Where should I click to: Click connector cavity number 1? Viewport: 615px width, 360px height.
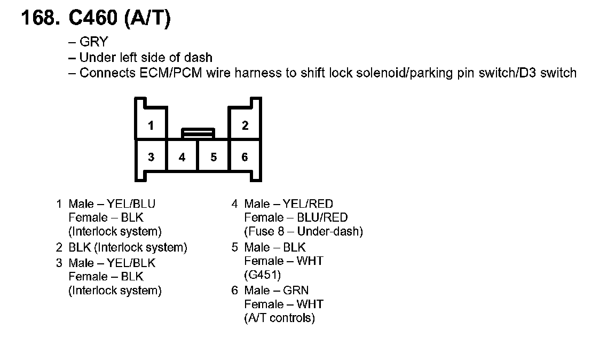(x=151, y=126)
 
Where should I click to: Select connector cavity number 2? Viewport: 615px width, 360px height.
(x=245, y=126)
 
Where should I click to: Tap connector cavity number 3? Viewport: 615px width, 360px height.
(x=151, y=156)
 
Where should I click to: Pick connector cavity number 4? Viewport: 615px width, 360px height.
(x=182, y=157)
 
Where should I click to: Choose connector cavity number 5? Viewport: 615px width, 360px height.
(x=214, y=157)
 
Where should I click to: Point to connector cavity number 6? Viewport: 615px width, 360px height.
(x=245, y=156)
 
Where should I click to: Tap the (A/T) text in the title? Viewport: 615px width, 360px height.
(x=147, y=19)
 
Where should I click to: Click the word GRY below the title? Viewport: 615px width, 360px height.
(x=93, y=42)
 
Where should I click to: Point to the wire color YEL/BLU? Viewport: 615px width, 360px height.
(x=131, y=204)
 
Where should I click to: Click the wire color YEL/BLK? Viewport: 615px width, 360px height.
(x=131, y=263)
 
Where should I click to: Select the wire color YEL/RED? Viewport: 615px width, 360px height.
(x=308, y=204)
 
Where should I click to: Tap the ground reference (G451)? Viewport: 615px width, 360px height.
(x=262, y=275)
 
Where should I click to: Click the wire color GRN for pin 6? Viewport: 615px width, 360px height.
(x=296, y=291)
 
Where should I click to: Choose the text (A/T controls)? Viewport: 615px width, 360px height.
(x=279, y=318)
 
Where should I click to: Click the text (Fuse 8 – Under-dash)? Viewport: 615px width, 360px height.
(x=303, y=232)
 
